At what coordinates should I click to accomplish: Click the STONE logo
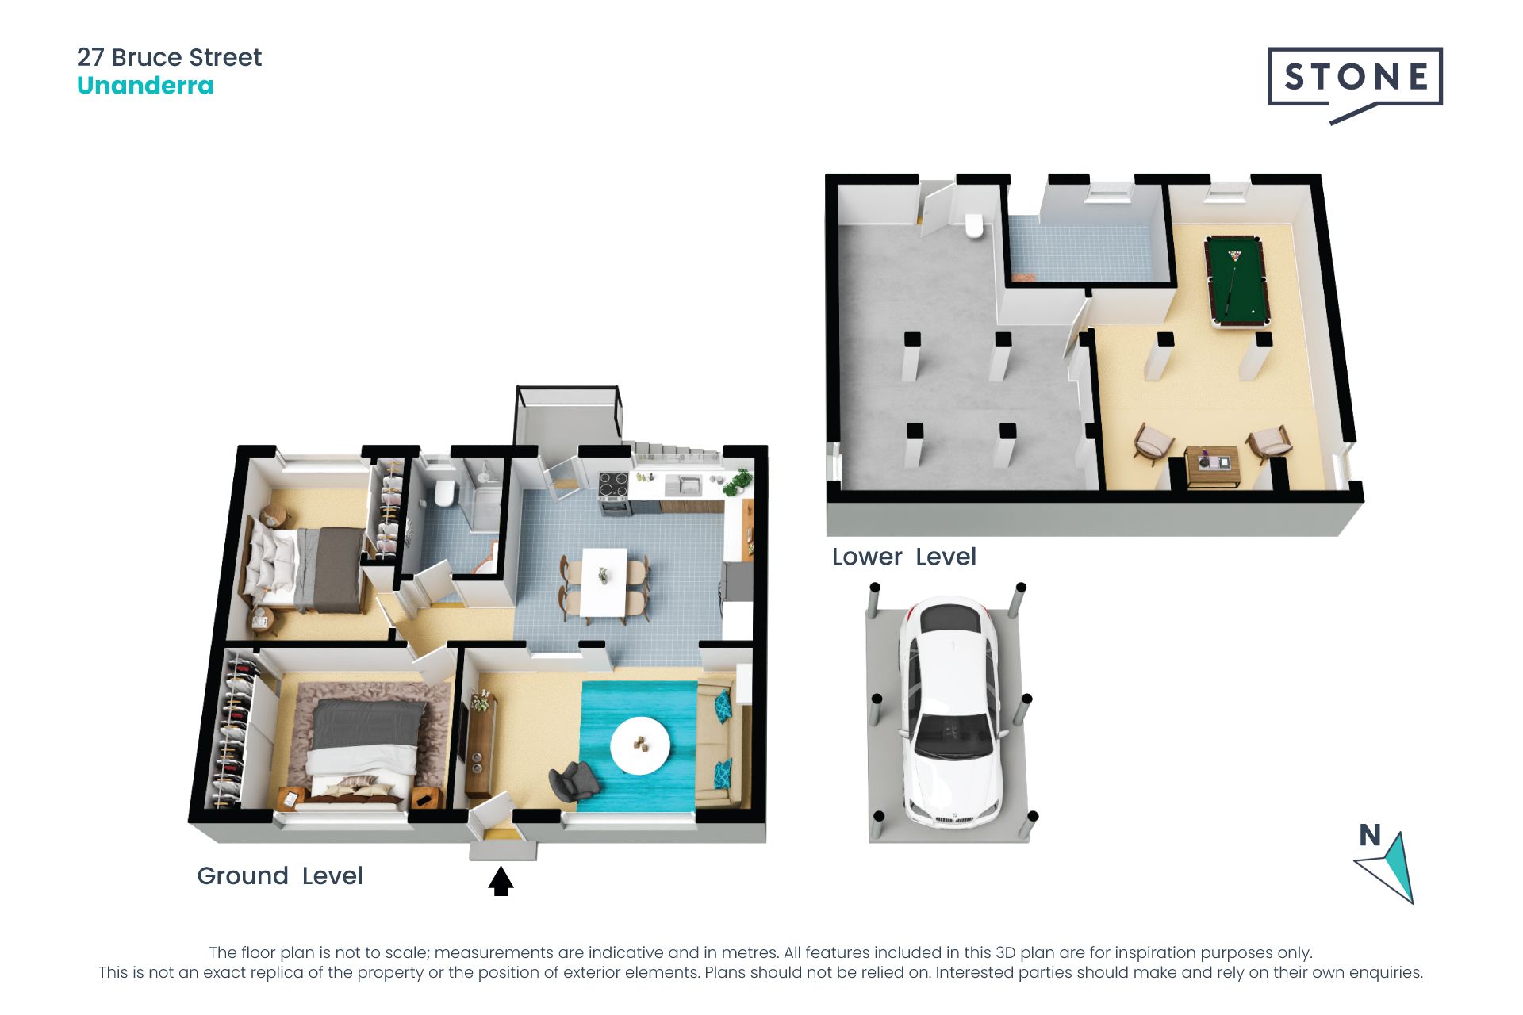click(x=1355, y=83)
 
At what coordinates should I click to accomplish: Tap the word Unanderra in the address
click(x=145, y=86)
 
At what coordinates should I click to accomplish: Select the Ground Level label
click(x=280, y=875)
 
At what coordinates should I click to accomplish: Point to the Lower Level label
click(x=903, y=557)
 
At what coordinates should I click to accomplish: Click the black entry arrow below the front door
click(x=501, y=881)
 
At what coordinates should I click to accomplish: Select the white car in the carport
click(x=950, y=710)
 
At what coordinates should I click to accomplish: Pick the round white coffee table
click(x=639, y=745)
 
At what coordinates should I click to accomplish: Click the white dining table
click(x=604, y=582)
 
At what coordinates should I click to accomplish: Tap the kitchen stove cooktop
click(x=613, y=483)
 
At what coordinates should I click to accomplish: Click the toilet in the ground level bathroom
click(x=443, y=492)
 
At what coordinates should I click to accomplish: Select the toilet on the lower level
click(x=973, y=225)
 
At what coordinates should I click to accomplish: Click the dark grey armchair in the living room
click(x=574, y=780)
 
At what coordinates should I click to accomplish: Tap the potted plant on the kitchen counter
click(x=738, y=481)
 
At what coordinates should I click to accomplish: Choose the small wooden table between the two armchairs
click(x=1212, y=466)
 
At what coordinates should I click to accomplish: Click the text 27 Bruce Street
click(x=169, y=57)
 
